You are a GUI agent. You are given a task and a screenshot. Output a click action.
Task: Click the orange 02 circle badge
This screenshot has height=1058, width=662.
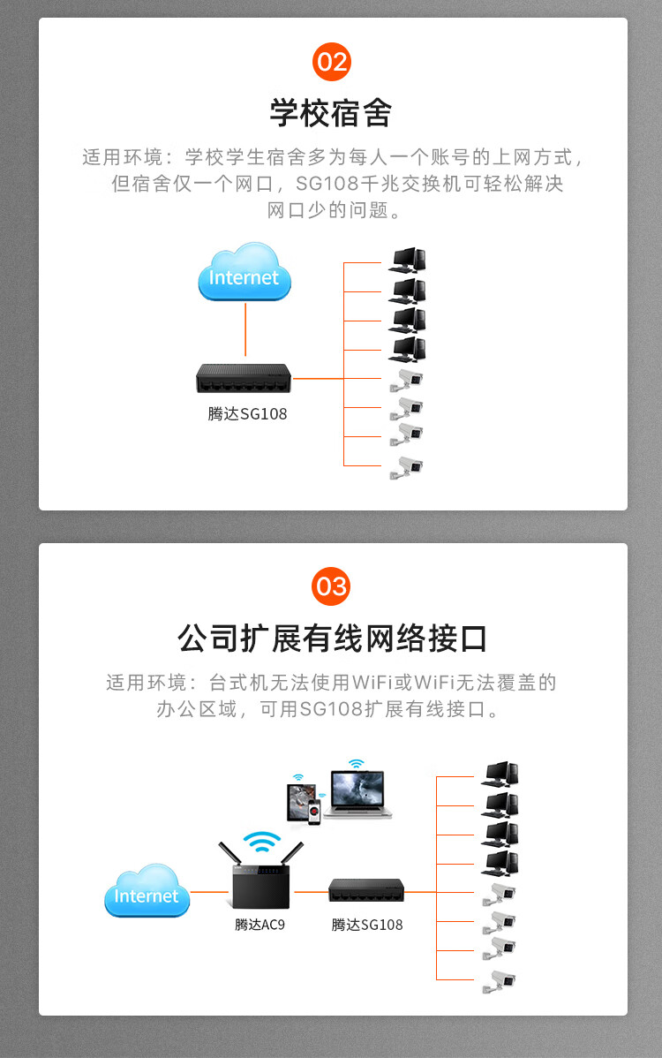332,62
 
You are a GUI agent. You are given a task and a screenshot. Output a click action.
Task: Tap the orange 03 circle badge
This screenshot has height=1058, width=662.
331,586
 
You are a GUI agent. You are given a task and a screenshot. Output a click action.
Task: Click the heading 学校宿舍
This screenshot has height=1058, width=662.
331,113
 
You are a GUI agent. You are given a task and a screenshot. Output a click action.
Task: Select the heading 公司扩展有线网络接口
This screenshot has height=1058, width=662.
332,639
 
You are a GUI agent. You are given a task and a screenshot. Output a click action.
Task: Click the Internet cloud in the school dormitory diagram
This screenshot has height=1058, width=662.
244,272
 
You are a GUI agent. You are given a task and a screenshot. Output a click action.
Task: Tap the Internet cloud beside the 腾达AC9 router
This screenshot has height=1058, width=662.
147,891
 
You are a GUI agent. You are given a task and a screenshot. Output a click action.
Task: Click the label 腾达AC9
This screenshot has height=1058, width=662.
260,925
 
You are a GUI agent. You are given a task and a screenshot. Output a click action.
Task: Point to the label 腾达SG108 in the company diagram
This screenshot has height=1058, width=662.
366,925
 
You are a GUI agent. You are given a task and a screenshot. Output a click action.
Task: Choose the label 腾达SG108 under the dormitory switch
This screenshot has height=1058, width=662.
247,413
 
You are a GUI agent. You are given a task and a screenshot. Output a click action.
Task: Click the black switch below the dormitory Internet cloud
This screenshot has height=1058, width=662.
244,379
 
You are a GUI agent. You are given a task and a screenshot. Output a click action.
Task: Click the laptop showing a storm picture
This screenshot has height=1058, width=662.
358,794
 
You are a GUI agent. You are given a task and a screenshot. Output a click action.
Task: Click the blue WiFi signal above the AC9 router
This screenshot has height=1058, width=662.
261,842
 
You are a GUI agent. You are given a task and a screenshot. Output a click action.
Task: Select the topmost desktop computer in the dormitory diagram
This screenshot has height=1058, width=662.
407,261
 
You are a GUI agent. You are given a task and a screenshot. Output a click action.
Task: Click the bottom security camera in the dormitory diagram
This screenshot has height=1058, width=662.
407,467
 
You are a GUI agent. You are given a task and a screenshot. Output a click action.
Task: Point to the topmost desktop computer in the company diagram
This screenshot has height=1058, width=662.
500,775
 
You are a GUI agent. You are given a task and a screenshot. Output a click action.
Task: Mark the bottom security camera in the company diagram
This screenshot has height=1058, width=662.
499,982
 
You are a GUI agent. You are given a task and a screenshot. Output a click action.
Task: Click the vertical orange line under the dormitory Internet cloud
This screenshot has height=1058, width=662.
245,329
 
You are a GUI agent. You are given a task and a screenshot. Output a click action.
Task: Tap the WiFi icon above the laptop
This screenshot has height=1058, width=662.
356,763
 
